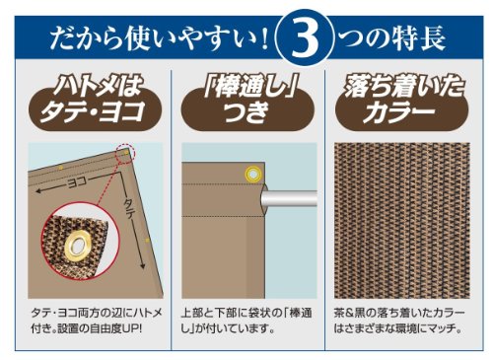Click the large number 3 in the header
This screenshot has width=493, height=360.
point(305,39)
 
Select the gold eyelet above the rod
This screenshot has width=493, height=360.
point(253,174)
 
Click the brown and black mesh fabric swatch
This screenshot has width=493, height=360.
point(401,220)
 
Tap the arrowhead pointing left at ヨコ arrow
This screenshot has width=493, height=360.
point(39,190)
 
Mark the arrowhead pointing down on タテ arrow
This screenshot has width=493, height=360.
point(143,265)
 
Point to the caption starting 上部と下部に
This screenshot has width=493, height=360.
point(246,321)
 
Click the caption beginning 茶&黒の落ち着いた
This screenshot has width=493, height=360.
point(399,321)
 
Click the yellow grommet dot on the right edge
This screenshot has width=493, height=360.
point(148,241)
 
